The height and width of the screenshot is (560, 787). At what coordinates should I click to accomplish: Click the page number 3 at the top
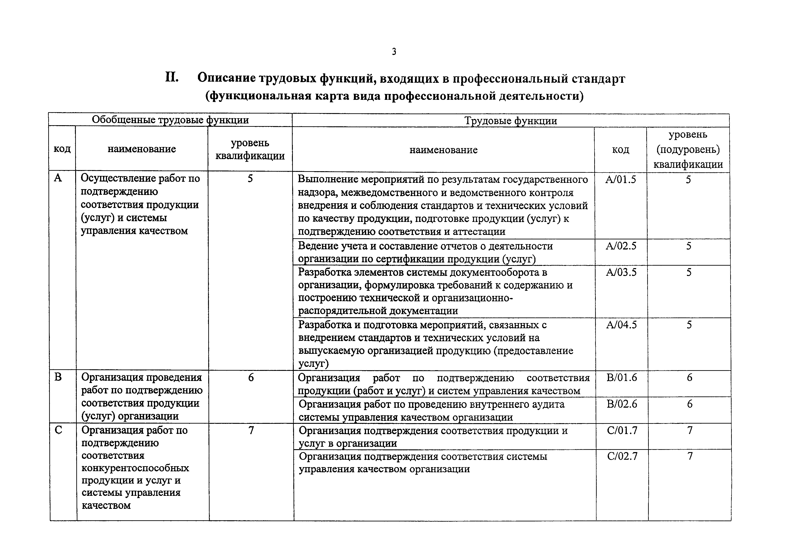[x=394, y=52]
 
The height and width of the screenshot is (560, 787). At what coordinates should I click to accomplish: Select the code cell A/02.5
[x=621, y=246]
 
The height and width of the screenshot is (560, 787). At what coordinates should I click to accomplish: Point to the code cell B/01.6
[x=622, y=378]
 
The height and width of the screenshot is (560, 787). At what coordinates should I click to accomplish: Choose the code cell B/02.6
[x=622, y=404]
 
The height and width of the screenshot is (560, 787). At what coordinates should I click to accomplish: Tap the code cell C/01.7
[x=622, y=430]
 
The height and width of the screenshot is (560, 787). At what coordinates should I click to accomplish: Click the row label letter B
[x=58, y=377]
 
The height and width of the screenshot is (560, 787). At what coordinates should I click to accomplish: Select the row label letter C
[x=59, y=430]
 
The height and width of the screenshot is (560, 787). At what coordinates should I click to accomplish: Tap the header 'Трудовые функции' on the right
[x=510, y=121]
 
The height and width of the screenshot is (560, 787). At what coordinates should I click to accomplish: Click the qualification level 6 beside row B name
[x=251, y=378]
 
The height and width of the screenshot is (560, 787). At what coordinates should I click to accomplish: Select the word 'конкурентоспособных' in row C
[x=135, y=468]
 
